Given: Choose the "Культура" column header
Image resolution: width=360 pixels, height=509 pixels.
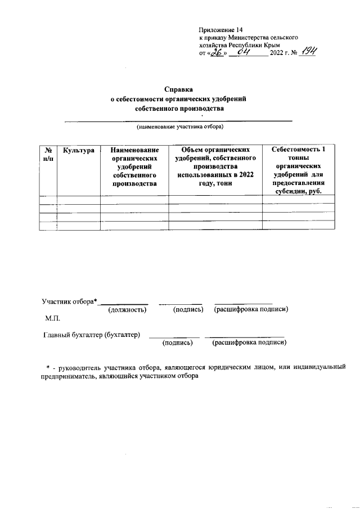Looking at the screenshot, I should (78, 151).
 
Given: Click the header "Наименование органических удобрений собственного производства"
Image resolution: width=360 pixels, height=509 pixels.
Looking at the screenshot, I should (134, 166).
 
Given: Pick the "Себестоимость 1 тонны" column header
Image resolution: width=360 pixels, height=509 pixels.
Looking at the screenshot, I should (298, 155).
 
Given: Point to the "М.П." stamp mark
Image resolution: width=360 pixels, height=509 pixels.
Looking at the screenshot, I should (52, 319).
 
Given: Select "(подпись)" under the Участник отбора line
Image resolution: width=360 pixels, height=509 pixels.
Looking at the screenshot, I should (188, 309).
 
